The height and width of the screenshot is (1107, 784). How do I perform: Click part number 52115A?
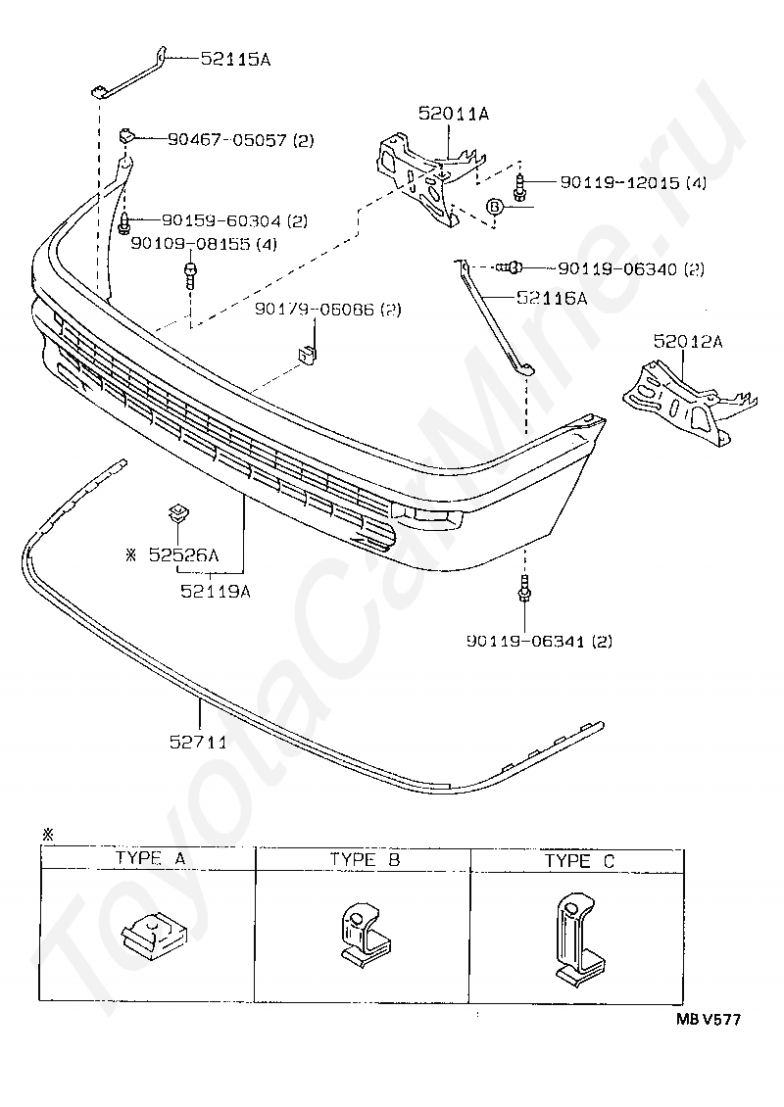tap(235, 59)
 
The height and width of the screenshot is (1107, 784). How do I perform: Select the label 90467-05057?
tap(227, 140)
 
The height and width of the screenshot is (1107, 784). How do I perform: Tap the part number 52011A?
tap(453, 113)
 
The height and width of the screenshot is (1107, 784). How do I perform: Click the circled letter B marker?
tap(495, 206)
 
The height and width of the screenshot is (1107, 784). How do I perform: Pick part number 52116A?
tap(552, 298)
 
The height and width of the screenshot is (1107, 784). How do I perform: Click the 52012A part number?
tap(687, 342)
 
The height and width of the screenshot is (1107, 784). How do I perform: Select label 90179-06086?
tap(315, 310)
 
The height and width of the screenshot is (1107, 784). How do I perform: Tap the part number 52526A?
tap(183, 555)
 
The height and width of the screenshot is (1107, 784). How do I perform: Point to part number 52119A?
tap(216, 591)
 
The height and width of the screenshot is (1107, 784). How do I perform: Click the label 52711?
tap(199, 742)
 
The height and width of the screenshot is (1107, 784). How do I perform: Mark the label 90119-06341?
tap(525, 641)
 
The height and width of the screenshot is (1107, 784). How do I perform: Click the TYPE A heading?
tap(151, 858)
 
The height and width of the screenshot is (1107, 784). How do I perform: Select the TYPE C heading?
tap(579, 861)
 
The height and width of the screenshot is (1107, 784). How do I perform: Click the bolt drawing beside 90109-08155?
tap(190, 275)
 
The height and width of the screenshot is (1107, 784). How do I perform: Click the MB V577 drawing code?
tap(709, 1019)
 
